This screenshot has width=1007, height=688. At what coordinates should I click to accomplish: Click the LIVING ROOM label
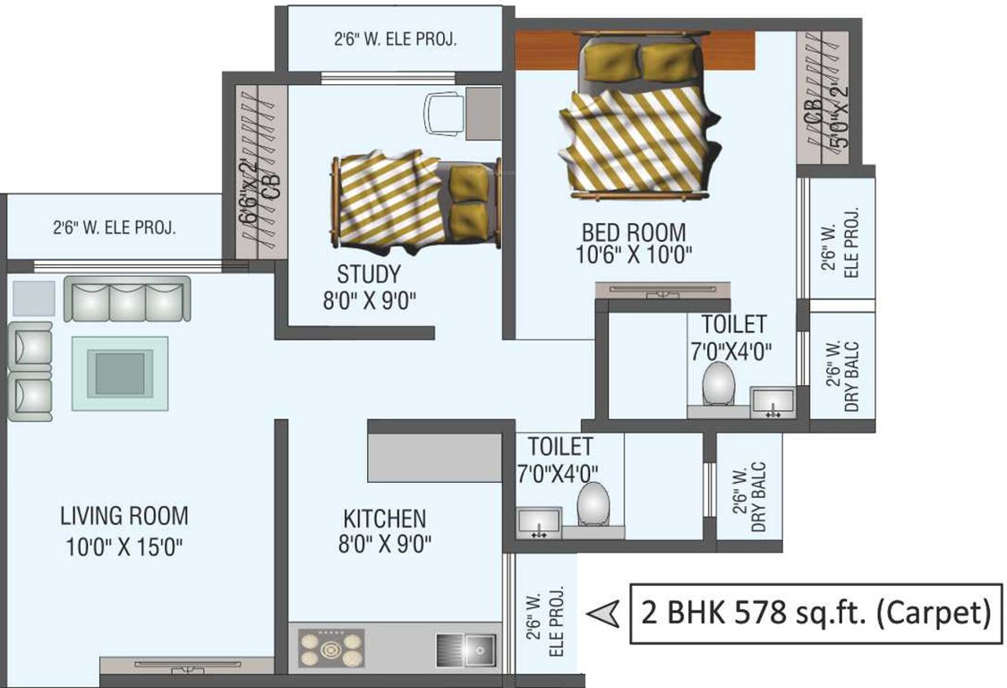coord(124,516)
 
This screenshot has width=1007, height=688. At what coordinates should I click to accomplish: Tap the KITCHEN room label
coord(384,519)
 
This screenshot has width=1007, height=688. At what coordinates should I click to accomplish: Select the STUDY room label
coord(368,274)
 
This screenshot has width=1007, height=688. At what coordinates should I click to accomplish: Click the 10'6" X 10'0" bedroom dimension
coord(635,255)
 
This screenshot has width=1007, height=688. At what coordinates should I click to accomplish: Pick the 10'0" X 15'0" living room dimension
coord(124,546)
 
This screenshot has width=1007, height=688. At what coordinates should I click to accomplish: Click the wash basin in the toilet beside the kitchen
coord(539,521)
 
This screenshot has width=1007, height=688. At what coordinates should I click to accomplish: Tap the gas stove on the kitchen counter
coord(332,648)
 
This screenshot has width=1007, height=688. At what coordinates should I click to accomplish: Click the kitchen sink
coord(466,647)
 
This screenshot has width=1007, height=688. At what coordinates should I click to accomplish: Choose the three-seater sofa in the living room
coord(126,298)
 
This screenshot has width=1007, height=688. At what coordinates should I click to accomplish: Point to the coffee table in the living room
coord(119,374)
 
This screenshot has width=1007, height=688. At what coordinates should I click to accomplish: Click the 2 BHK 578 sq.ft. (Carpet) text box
coord(815,614)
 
